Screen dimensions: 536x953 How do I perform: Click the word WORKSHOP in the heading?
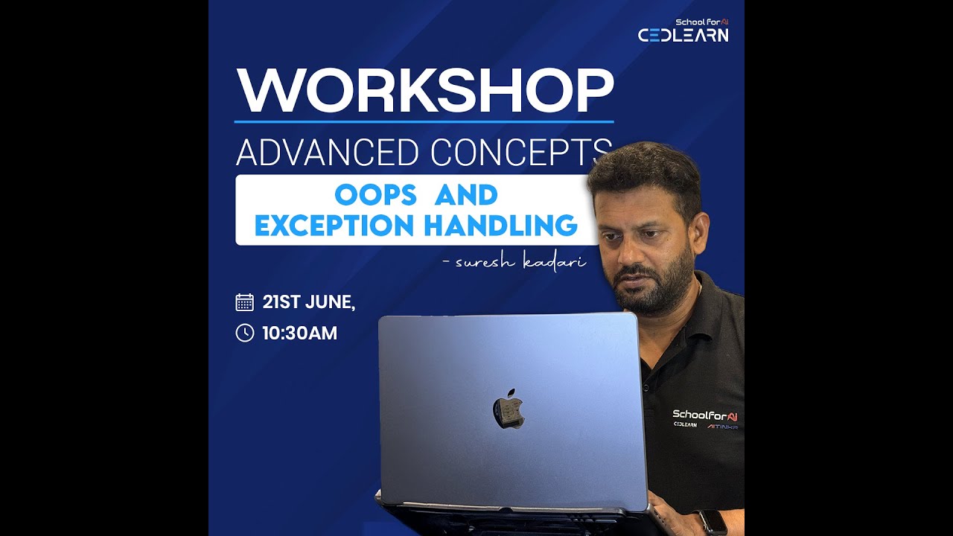tap(424, 91)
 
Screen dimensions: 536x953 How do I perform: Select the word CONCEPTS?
tap(521, 153)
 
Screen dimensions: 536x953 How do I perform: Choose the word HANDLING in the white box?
tap(507, 225)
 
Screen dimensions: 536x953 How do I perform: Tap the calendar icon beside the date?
tap(244, 302)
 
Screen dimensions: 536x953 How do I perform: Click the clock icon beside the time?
tap(244, 333)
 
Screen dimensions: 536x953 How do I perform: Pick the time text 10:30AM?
tap(299, 333)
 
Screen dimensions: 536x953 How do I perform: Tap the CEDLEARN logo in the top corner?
tap(683, 34)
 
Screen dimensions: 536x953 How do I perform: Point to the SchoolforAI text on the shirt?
tap(704, 414)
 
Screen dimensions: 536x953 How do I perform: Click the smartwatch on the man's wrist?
tap(714, 522)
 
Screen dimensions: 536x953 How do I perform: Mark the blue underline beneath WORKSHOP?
tap(424, 121)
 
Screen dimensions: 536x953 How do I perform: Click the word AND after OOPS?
tap(465, 195)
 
